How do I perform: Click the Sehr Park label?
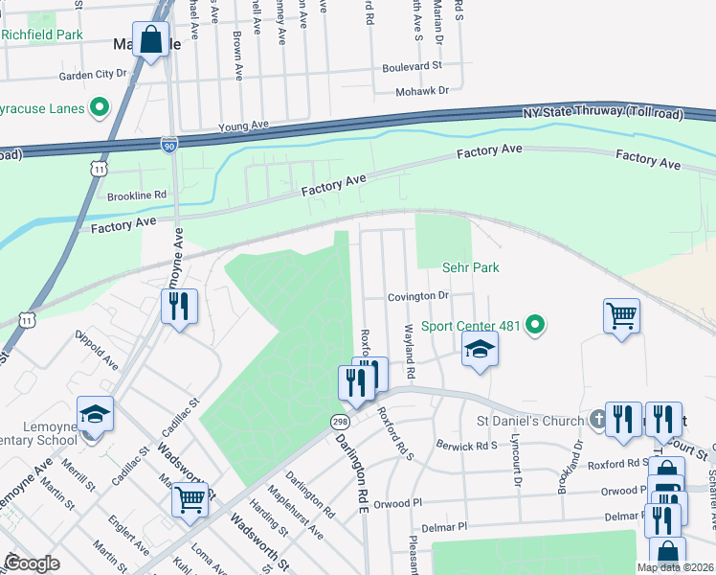(471, 268)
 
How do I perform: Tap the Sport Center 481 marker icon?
(535, 326)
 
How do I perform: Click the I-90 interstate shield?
(168, 145)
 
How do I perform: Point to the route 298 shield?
(339, 422)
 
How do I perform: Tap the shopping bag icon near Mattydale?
(151, 41)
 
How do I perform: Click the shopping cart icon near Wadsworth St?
(190, 498)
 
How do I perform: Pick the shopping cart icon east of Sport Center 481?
(621, 315)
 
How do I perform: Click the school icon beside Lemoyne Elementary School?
(95, 415)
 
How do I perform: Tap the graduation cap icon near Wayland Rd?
(480, 350)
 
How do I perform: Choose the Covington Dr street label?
(418, 297)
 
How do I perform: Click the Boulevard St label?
(412, 67)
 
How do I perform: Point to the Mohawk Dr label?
(423, 91)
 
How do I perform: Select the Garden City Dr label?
(93, 74)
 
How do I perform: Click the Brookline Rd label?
(137, 195)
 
